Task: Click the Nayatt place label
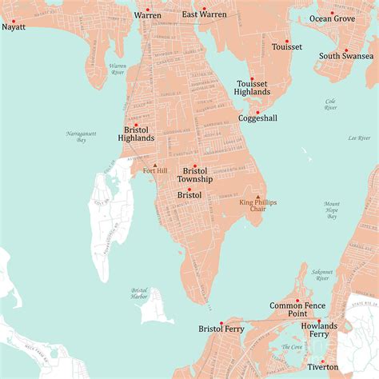14,26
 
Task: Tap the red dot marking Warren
147,6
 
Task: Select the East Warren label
204,14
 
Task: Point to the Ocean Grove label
333,18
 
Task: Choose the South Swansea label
346,56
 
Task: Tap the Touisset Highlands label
253,87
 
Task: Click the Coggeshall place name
258,118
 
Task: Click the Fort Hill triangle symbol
155,164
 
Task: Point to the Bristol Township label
195,175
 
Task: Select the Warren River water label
118,69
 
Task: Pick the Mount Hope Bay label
332,210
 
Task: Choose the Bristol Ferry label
221,329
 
